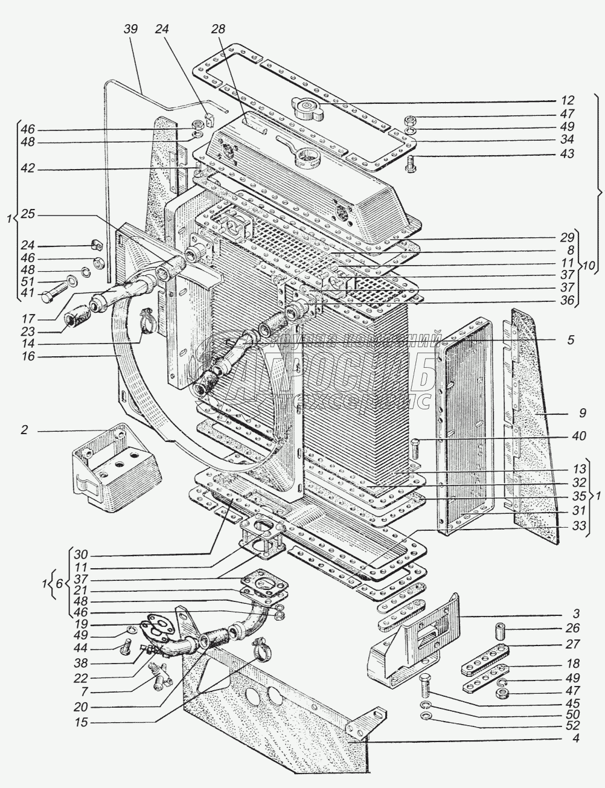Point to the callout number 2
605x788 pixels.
(24, 431)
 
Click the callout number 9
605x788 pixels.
(570, 341)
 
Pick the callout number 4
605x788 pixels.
(575, 738)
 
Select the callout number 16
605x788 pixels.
(27, 357)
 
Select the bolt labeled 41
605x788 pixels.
(50, 296)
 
